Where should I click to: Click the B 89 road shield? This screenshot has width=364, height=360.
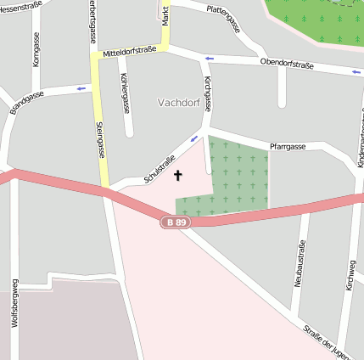tap(176, 222)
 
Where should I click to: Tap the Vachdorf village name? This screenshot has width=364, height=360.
tap(178, 102)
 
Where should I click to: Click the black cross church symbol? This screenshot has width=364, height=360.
tap(178, 176)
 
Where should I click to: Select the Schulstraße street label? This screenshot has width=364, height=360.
tap(160, 169)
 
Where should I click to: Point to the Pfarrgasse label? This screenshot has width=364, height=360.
tap(287, 147)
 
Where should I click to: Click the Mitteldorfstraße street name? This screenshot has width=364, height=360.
tap(130, 53)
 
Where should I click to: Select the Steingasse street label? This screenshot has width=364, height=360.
tap(99, 139)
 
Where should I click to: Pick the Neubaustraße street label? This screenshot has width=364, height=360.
tap(300, 262)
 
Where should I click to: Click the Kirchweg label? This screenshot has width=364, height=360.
tap(350, 277)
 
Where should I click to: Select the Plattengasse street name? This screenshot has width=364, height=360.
tap(223, 17)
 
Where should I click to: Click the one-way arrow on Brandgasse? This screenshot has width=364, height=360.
tap(81, 87)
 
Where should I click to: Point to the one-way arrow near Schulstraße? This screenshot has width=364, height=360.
tap(194, 138)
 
